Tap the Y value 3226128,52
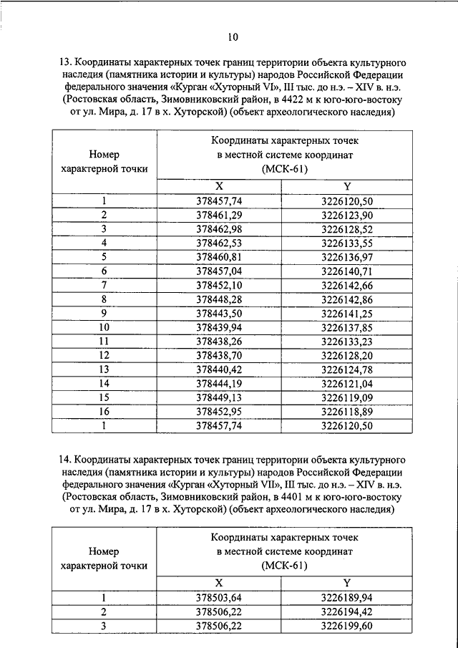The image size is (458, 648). (347, 228)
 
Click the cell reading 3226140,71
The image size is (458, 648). (347, 270)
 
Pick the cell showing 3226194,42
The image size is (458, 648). (347, 613)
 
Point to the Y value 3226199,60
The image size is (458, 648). (347, 627)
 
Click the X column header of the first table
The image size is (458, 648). (220, 186)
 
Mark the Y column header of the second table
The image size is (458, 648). (347, 584)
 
